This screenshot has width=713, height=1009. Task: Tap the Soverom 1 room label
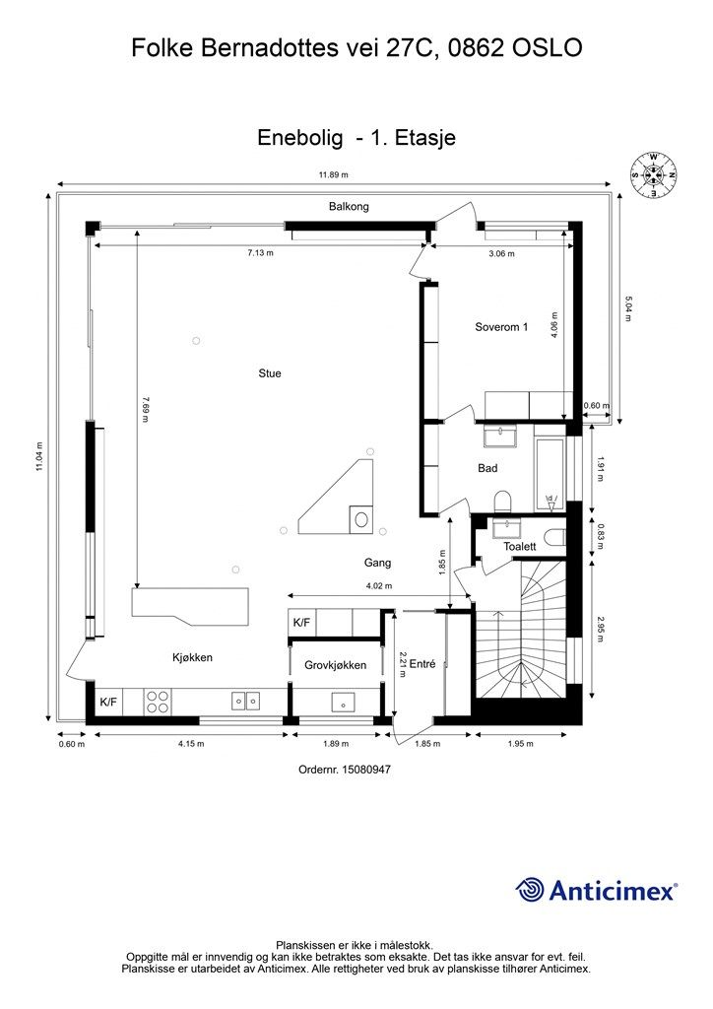click(x=501, y=327)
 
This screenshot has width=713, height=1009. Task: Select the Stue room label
click(x=270, y=373)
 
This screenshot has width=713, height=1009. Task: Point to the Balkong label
click(x=349, y=207)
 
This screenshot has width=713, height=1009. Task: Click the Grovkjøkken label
click(x=335, y=665)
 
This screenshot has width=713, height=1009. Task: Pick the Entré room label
click(x=422, y=664)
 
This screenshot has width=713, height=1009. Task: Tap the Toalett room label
click(x=519, y=546)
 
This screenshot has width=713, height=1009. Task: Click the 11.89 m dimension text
click(x=333, y=175)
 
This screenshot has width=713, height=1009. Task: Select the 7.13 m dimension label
click(x=260, y=253)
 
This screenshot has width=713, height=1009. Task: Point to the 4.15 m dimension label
click(x=191, y=744)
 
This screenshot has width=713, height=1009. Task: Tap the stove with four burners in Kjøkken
click(x=158, y=701)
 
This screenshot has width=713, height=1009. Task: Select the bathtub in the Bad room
click(x=549, y=475)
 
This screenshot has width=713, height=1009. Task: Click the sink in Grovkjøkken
click(x=344, y=702)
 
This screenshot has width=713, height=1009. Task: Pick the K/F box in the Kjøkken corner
click(x=108, y=702)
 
